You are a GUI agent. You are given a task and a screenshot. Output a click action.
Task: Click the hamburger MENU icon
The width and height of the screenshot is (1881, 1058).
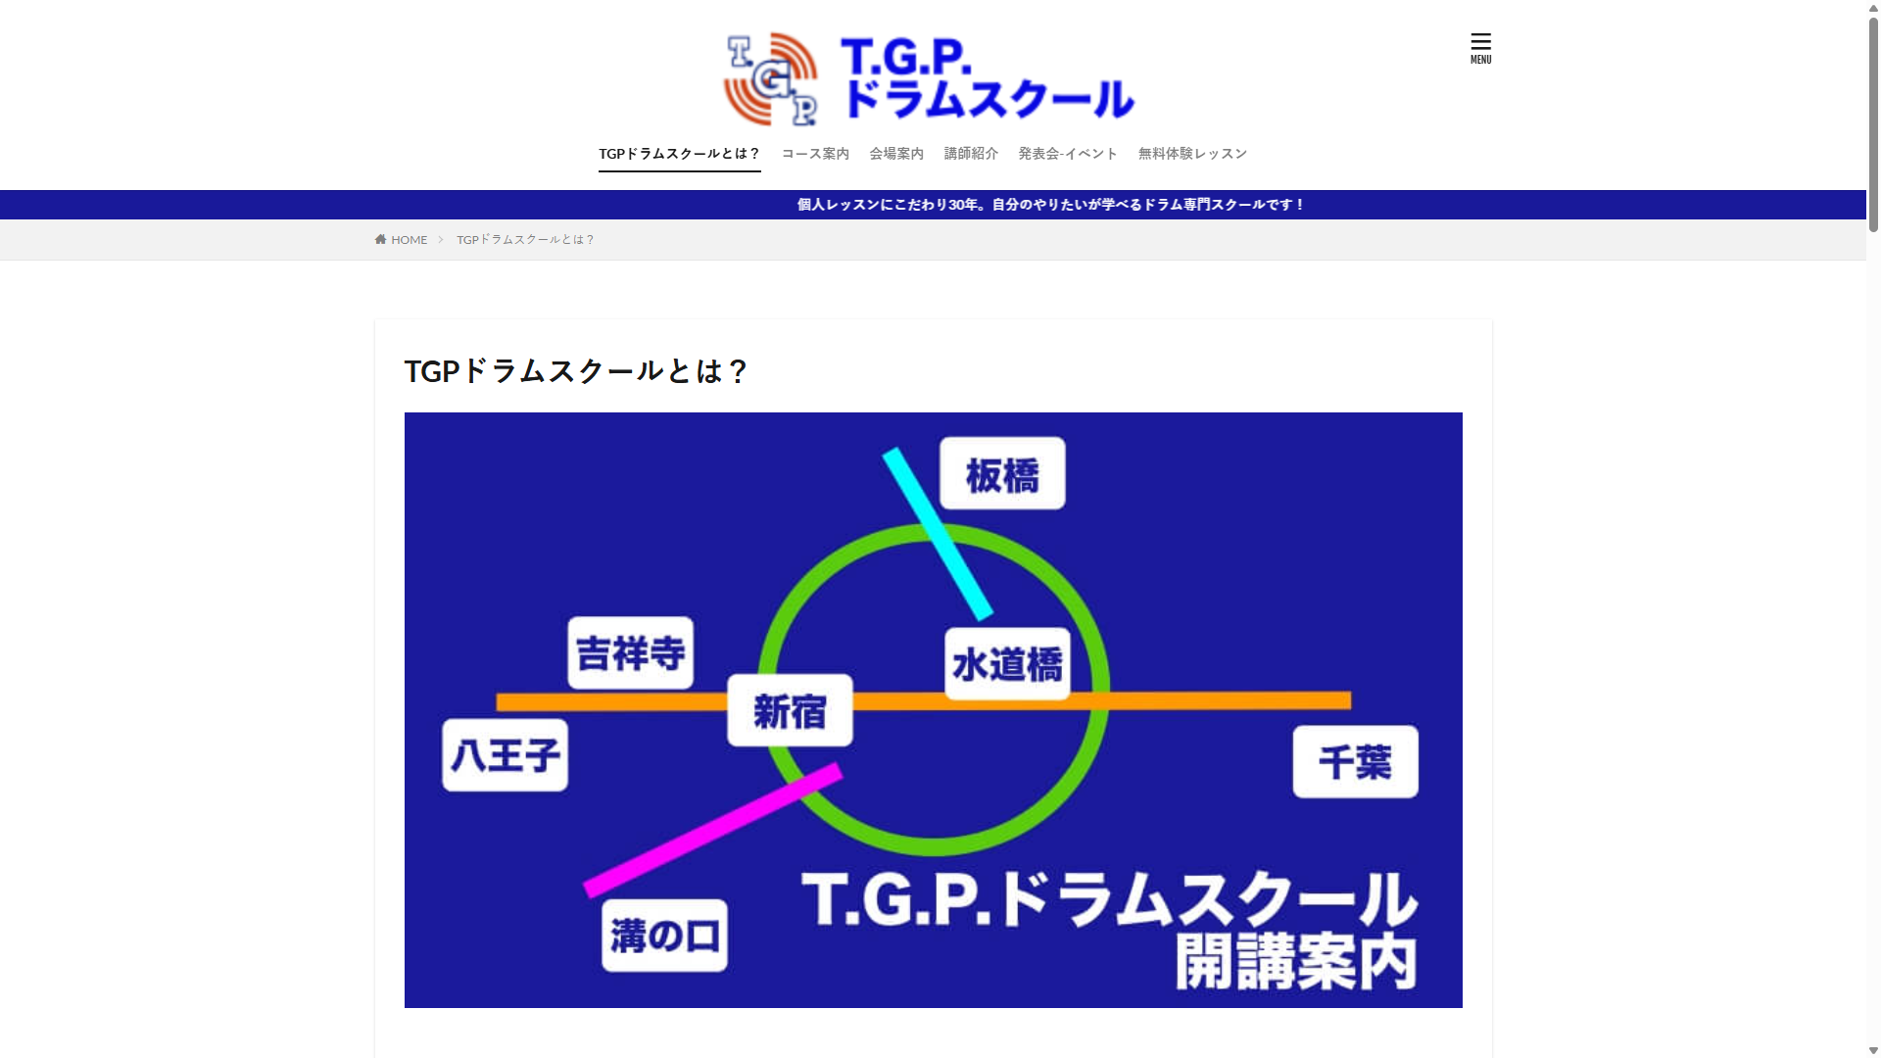pos(1480,48)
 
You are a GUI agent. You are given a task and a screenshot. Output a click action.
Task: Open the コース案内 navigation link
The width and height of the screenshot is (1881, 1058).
pos(815,154)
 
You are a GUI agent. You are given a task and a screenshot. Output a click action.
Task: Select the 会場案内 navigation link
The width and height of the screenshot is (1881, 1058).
pos(896,154)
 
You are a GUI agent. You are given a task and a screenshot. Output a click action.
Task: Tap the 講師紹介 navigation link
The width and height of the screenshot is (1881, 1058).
pos(971,154)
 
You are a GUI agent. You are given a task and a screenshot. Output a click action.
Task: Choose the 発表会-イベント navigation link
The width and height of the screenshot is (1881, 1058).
pos(1068,154)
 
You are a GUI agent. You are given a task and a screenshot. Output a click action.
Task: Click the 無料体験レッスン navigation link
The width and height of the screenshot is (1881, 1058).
pos(1192,154)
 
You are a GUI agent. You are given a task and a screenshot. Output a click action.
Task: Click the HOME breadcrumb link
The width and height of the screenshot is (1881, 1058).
pos(402,240)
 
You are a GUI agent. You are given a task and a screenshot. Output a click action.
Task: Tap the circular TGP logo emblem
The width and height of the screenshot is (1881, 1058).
pos(771,79)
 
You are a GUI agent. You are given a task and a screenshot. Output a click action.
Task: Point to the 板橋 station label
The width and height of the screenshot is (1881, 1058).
pos(1002,474)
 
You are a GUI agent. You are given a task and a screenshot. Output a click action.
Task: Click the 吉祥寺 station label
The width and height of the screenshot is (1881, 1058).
pos(631,653)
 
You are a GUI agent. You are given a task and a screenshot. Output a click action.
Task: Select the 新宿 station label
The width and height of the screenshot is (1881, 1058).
pos(790,711)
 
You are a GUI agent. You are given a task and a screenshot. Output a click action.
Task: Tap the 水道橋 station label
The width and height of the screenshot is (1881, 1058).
pos(1008,664)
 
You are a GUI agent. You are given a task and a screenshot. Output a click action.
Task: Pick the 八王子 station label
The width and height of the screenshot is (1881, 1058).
pos(506,755)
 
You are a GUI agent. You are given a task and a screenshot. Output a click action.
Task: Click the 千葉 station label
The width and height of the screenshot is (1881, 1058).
pos(1356,762)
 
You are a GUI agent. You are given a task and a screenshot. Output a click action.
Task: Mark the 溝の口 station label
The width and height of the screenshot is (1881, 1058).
pos(664,936)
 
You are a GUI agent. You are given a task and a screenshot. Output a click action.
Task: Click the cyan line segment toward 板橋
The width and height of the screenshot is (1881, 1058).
pos(938,534)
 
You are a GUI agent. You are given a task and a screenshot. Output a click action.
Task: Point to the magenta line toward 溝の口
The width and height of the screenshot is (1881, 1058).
pos(713,831)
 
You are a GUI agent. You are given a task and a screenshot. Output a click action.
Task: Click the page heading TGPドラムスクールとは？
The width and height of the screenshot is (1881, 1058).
pos(576,371)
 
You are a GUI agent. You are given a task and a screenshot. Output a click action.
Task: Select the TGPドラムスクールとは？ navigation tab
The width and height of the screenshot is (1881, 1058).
pos(680,154)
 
